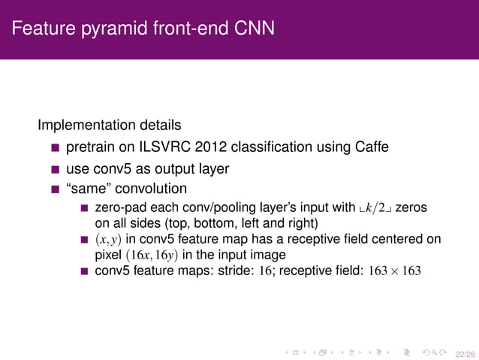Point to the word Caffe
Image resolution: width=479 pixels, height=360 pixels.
tap(372, 147)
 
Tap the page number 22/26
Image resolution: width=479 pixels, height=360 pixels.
tap(465, 350)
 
